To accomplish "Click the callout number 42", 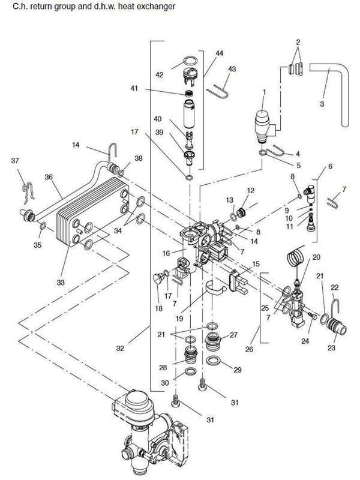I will [x=159, y=75].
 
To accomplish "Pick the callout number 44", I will [x=218, y=54].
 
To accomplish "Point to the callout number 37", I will [x=15, y=160].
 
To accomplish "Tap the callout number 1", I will [x=264, y=92].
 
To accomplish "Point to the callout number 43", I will [x=233, y=70].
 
